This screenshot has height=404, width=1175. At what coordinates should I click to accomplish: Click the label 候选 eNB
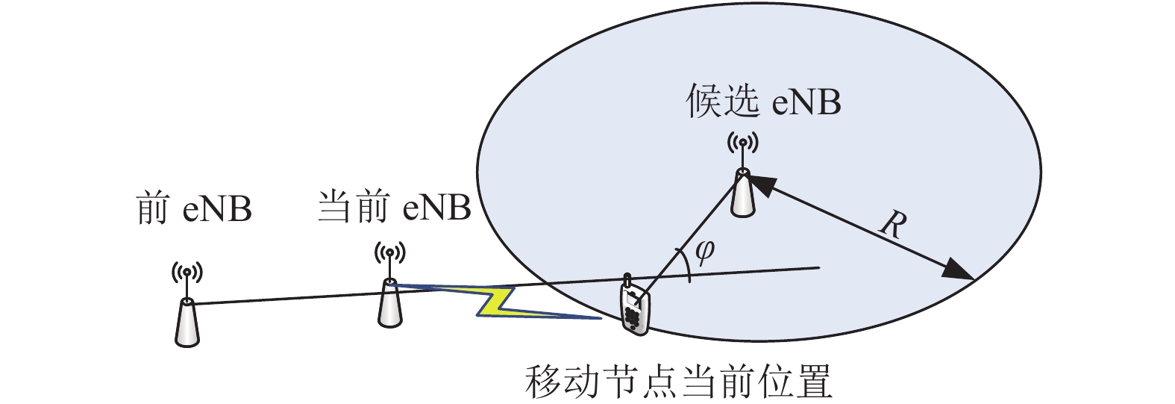point(763,102)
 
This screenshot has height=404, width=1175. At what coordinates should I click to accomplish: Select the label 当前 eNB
point(395,207)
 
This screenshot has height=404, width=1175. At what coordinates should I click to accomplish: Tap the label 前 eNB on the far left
point(194,208)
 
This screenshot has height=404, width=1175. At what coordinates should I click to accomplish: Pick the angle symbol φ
point(704,253)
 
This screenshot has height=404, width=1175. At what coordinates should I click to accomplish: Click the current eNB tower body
point(389,304)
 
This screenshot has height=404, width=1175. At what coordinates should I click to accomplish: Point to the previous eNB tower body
point(187,323)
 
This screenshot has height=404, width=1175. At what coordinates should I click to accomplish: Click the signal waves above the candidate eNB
point(742,143)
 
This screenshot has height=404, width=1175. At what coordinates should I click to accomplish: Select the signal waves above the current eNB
point(389,253)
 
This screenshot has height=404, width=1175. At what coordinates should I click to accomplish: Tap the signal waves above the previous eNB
point(187,272)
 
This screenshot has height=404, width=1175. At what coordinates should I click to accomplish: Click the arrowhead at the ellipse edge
point(959,271)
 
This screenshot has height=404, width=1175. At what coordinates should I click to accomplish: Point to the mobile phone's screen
point(632,300)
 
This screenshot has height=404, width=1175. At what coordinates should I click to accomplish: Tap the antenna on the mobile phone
point(627,280)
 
